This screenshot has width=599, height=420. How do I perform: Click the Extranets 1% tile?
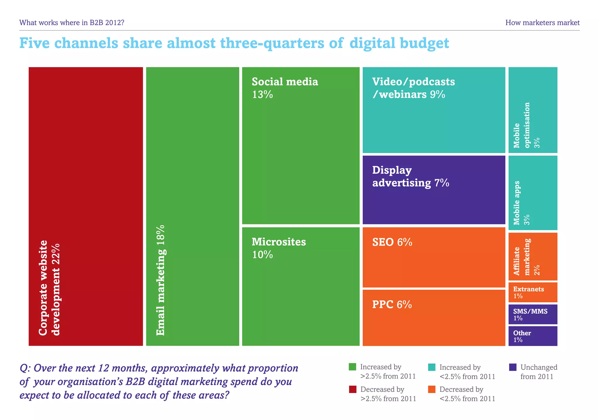(x=533, y=292)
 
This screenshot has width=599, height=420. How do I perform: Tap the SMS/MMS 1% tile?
(x=533, y=314)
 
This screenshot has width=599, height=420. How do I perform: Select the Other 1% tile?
(x=533, y=336)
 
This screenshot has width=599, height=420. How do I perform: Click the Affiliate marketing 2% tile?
(x=533, y=257)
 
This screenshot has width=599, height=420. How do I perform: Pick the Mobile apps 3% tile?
(x=533, y=193)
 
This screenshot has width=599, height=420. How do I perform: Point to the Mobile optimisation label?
(x=522, y=125)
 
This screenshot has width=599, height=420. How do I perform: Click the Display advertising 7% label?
(x=410, y=177)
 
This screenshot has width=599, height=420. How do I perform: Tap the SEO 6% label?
(x=392, y=242)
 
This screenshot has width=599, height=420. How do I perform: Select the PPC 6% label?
(x=392, y=305)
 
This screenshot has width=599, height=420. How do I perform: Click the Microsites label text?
(x=278, y=242)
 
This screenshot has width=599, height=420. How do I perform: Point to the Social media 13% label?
(x=285, y=88)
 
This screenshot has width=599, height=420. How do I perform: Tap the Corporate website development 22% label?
(x=49, y=288)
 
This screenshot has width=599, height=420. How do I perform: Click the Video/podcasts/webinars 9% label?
(x=413, y=88)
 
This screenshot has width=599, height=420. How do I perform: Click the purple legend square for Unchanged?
(x=513, y=367)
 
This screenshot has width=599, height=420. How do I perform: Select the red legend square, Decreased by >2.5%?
(x=352, y=389)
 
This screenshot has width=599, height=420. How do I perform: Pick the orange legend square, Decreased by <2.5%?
(x=432, y=389)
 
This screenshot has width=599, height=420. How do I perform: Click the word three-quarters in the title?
(x=272, y=43)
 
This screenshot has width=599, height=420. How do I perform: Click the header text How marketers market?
(x=542, y=23)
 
